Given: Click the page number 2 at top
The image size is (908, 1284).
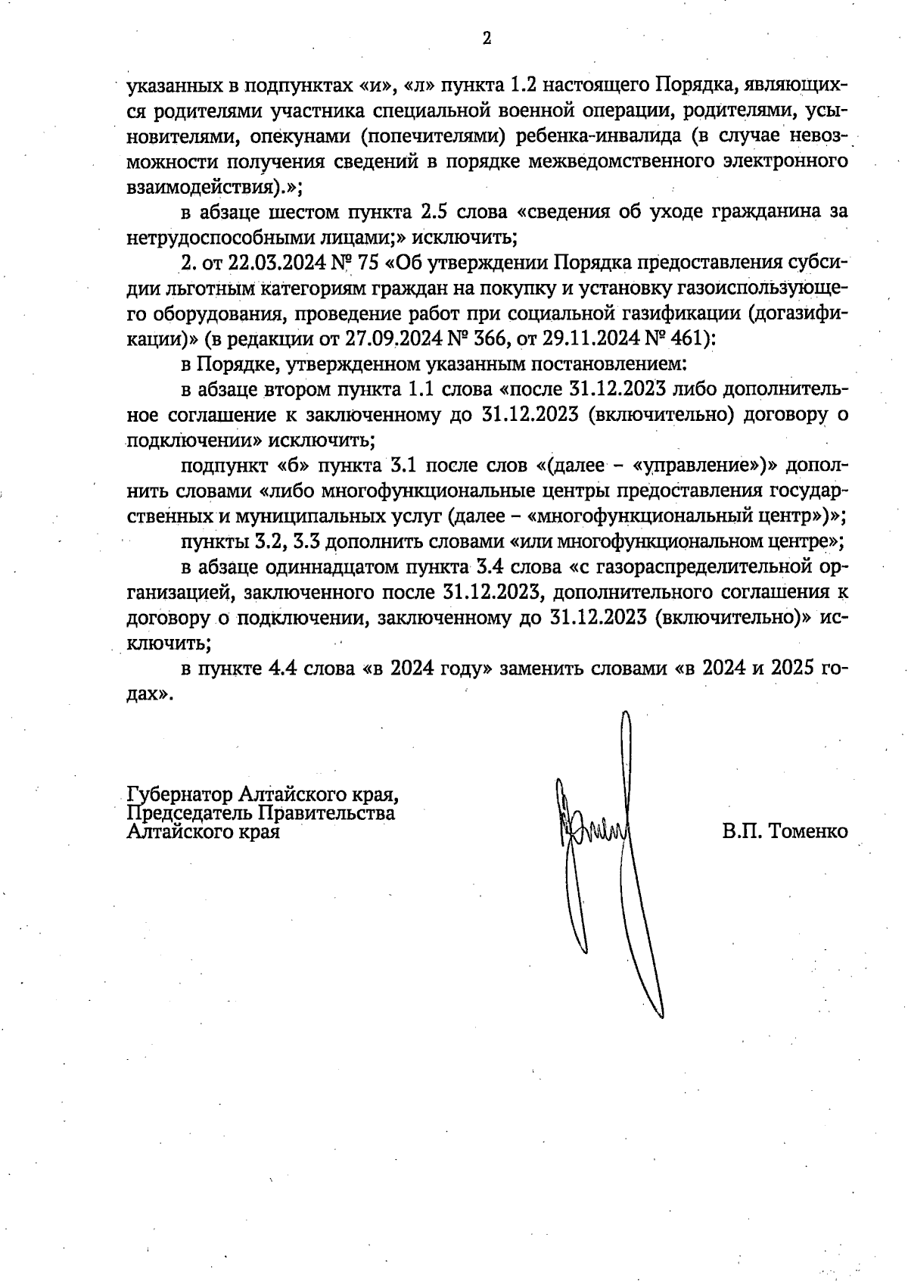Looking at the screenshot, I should tap(487, 39).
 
